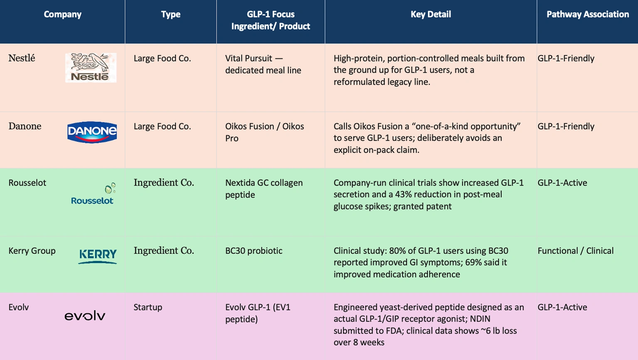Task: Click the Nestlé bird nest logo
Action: (x=91, y=67)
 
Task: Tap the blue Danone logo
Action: (x=92, y=132)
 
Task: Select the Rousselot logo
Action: (x=93, y=194)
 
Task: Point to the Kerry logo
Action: (x=98, y=256)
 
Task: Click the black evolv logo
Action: (x=85, y=316)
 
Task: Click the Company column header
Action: (x=63, y=14)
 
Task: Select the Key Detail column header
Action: (x=431, y=14)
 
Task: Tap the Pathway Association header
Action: (x=588, y=14)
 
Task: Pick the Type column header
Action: (x=170, y=14)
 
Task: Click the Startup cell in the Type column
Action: (x=148, y=307)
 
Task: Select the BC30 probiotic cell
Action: (x=254, y=251)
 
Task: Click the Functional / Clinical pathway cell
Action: (x=575, y=251)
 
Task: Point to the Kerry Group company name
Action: (x=32, y=251)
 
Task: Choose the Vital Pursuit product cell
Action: (x=263, y=64)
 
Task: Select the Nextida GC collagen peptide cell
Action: (x=264, y=189)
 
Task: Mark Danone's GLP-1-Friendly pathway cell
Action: (x=566, y=126)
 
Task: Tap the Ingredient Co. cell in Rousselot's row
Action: (x=164, y=182)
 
